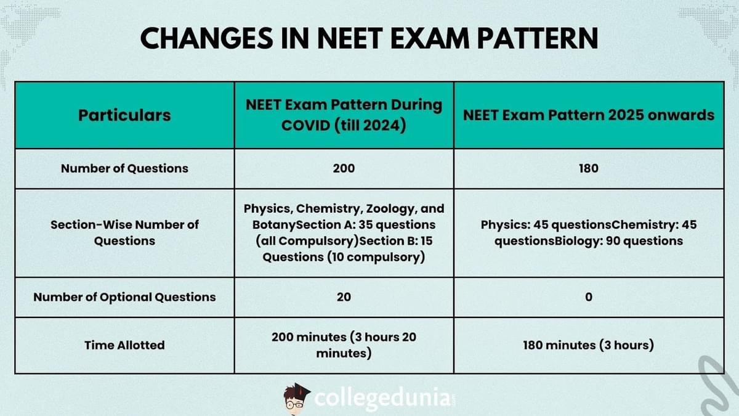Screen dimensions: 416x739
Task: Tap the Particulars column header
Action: (124, 115)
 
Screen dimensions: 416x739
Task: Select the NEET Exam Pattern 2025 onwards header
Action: (588, 115)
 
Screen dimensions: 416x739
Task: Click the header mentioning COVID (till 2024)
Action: (344, 115)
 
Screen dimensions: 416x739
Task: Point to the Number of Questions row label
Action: (124, 168)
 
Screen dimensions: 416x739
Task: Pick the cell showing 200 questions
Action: (344, 168)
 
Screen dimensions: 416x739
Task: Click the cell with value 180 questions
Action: (588, 168)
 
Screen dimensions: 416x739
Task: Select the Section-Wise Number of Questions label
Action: (124, 232)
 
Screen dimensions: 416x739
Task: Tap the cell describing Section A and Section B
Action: (344, 232)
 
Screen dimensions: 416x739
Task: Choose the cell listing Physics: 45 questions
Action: (588, 232)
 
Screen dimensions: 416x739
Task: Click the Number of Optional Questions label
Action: (124, 297)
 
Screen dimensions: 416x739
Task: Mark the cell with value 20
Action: (344, 297)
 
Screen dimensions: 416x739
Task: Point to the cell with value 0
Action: (588, 297)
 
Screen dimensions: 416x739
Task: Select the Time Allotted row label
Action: (124, 345)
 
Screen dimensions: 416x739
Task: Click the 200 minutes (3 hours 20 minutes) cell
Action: (344, 345)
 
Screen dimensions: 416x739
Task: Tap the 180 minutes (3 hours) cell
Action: (588, 345)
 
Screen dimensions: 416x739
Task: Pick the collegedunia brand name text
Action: (382, 398)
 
